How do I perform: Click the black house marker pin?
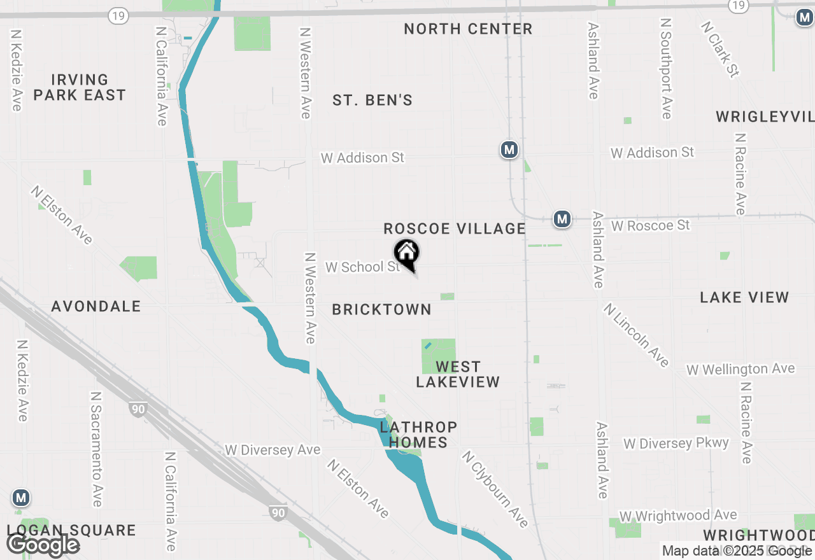(406, 253)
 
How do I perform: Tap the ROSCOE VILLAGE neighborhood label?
(455, 228)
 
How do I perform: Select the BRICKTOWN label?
(381, 309)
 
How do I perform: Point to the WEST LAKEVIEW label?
(458, 374)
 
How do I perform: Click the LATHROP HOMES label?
(418, 434)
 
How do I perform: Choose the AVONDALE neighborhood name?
(96, 306)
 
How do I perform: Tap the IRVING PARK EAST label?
(80, 87)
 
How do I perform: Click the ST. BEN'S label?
(372, 100)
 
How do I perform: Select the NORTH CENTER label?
(468, 29)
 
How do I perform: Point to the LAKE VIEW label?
(744, 297)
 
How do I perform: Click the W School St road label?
(362, 267)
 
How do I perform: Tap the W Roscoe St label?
(650, 225)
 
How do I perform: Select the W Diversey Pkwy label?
(676, 443)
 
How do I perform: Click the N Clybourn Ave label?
(495, 489)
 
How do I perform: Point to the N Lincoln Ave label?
(637, 335)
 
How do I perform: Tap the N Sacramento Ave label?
(96, 449)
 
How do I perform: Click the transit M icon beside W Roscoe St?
(561, 220)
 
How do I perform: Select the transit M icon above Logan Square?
(21, 498)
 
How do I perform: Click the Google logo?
(43, 545)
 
